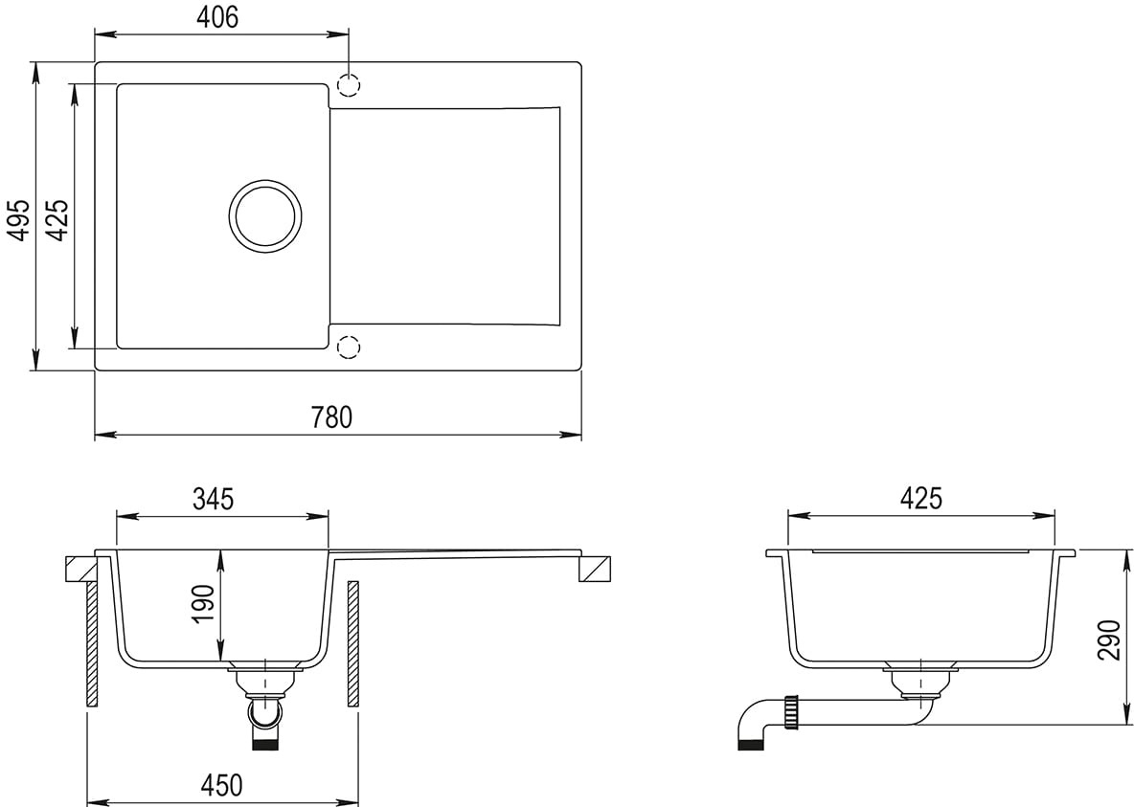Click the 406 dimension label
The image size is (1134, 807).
pos(217,17)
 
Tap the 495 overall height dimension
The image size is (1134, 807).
pos(19,220)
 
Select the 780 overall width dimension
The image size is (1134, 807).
pos(332,417)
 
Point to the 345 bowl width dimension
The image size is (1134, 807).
pos(214,499)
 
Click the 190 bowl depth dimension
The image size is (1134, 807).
pos(204,604)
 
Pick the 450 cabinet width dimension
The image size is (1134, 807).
pos(221,785)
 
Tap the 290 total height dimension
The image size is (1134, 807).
pos(1108,639)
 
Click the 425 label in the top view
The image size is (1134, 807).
pos(57,220)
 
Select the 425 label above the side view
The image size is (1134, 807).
pos(921,498)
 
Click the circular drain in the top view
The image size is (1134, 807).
pos(265,216)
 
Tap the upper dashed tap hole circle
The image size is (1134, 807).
pos(349,85)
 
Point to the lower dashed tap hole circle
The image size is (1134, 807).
pos(349,347)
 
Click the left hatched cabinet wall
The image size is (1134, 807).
pos(92,643)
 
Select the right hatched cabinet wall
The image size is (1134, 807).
pos(352,643)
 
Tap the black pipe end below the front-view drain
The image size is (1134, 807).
pos(264,745)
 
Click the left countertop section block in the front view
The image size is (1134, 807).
pos(80,569)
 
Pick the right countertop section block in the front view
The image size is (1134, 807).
pos(595,569)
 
